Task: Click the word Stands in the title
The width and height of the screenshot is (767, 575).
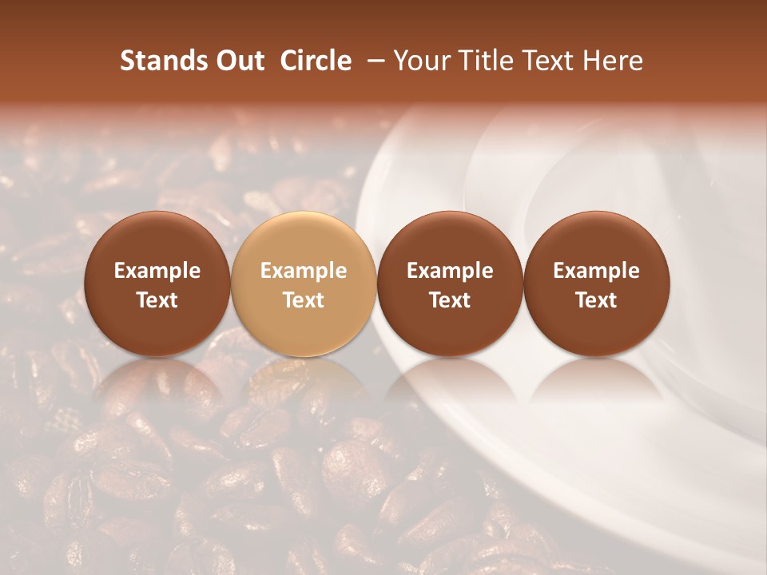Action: [160, 61]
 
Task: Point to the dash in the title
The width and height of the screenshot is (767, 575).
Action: [372, 61]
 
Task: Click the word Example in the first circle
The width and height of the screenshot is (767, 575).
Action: [157, 271]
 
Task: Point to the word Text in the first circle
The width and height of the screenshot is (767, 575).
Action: [157, 300]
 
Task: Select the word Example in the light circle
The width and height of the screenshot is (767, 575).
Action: [304, 271]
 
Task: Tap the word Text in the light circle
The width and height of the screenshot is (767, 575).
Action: [304, 300]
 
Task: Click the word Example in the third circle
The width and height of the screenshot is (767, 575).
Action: [450, 271]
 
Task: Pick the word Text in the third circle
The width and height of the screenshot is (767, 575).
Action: [450, 300]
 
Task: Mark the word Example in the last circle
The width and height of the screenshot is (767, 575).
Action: [596, 271]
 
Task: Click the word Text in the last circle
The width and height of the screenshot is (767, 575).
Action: [596, 300]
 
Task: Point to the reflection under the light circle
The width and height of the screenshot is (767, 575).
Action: [304, 383]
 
